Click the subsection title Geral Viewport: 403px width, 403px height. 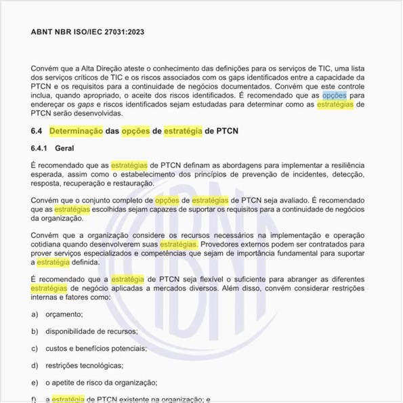(65, 148)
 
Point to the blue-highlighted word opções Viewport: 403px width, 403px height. (335, 96)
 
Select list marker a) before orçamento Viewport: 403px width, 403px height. (35, 314)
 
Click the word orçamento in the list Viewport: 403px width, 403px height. (64, 314)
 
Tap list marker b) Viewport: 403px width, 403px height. (35, 331)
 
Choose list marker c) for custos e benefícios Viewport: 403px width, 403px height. (35, 348)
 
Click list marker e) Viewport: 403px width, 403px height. (35, 382)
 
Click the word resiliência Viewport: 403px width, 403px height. (346, 165)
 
